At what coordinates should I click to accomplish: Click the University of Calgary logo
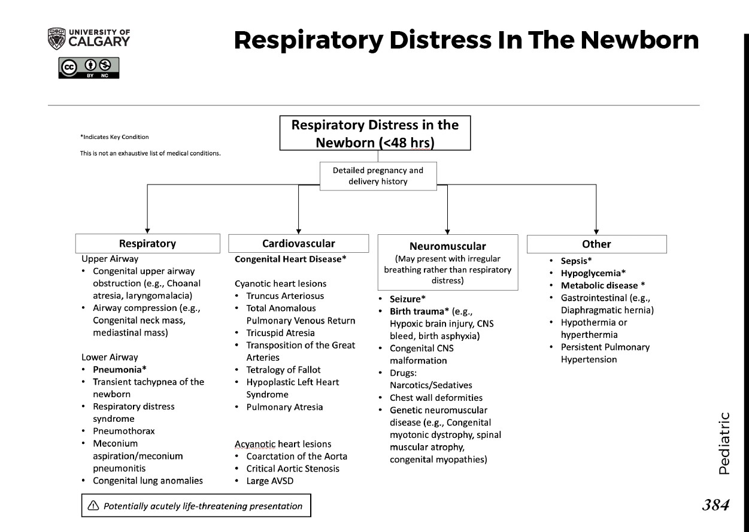tap(88, 38)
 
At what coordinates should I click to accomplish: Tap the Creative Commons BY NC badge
tap(89, 68)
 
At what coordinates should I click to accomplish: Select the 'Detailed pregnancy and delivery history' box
tap(378, 176)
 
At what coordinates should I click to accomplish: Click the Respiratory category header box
tap(147, 243)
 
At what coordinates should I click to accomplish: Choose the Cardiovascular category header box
tap(298, 243)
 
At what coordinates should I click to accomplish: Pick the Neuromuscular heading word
tap(447, 246)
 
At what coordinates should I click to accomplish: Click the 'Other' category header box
tap(596, 244)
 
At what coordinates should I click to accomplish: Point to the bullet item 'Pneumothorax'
tap(123, 431)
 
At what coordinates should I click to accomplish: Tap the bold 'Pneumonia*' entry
tap(120, 369)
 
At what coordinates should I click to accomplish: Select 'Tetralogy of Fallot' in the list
tap(283, 370)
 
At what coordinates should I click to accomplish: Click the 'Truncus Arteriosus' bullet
tap(285, 296)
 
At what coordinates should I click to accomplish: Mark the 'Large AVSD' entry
tap(269, 480)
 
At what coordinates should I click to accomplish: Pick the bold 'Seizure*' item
tap(409, 298)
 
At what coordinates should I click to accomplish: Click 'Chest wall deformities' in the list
tap(436, 397)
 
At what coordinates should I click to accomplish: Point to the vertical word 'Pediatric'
tap(724, 443)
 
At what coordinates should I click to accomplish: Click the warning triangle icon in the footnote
tap(93, 506)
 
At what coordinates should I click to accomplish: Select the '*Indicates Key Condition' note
tap(114, 137)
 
